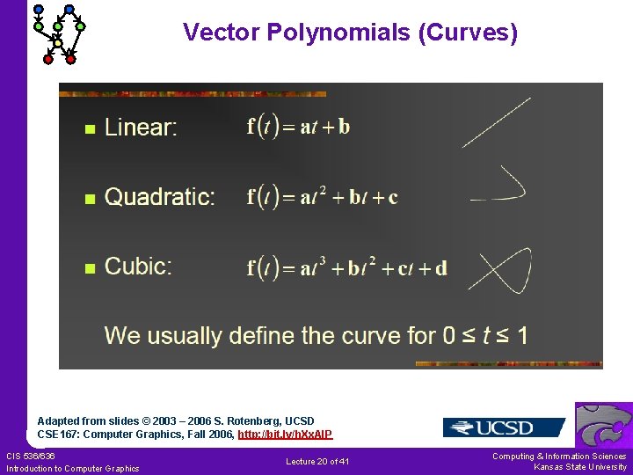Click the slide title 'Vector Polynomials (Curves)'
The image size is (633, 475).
pos(350,33)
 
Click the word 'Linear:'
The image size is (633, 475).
pos(141,128)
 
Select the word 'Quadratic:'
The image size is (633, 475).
pos(159,197)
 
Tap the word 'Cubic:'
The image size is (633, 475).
pos(138,267)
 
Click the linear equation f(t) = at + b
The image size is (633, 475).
pos(298,127)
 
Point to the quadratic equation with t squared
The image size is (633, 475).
pos(322,196)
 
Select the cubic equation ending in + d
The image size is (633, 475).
pos(346,267)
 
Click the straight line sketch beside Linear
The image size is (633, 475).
pos(496,122)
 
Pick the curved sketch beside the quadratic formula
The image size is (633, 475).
pos(501,186)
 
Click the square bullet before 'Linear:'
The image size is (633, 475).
pos(88,129)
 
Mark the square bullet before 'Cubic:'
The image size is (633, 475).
pos(88,268)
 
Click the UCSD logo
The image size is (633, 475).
pos(503,427)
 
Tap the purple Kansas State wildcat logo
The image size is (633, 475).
pos(603,425)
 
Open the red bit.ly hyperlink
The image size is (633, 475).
pos(285,435)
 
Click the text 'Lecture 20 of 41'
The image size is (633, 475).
pos(317,462)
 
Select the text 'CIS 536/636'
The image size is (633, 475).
pos(31,456)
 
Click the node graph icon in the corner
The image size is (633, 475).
pos(58,33)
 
